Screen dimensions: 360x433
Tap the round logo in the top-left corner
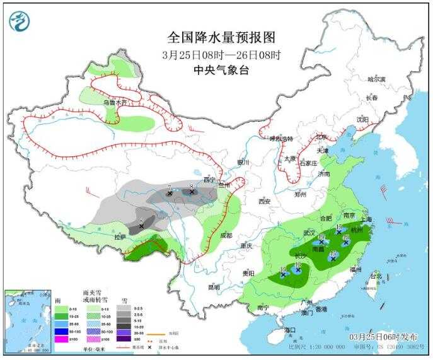click(x=20, y=22)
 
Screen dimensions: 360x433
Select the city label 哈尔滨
click(x=376, y=79)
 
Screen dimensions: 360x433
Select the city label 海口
click(x=291, y=330)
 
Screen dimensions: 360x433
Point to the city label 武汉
click(x=309, y=232)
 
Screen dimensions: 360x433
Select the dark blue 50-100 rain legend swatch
click(x=61, y=330)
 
